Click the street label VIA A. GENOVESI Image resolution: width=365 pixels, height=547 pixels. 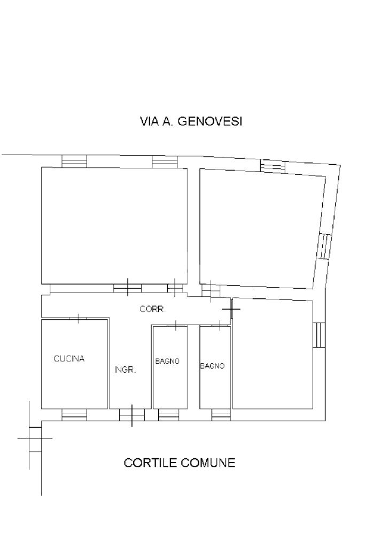pos(191,121)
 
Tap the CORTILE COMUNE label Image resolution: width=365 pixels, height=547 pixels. pos(180,463)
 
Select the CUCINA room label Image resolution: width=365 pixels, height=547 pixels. pos(69,359)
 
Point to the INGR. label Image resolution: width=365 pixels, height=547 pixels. pos(125,370)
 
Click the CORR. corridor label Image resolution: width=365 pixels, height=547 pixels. pos(152,309)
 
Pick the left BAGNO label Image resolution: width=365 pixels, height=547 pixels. pos(167,361)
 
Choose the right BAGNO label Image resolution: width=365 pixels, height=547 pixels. pos(212,366)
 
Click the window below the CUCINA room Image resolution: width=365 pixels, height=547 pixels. pos(74,415)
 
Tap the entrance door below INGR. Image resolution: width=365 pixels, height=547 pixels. pos(132,415)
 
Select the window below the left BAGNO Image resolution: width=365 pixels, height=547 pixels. pos(169,415)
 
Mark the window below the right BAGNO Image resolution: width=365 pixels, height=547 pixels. pos(221,415)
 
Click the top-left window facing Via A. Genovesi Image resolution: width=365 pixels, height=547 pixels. pos(74,161)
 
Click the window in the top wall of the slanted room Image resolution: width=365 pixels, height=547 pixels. pos(273,166)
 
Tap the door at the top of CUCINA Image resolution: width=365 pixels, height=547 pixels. pos(78,318)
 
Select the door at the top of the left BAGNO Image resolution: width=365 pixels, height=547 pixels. pos(175,326)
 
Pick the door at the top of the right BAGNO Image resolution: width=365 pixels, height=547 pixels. pos(220,326)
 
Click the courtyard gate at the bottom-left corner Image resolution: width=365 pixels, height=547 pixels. pos(35,439)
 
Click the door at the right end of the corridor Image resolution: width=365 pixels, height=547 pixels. pos(231,309)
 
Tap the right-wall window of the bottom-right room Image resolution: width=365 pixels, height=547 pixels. pos(319,335)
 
